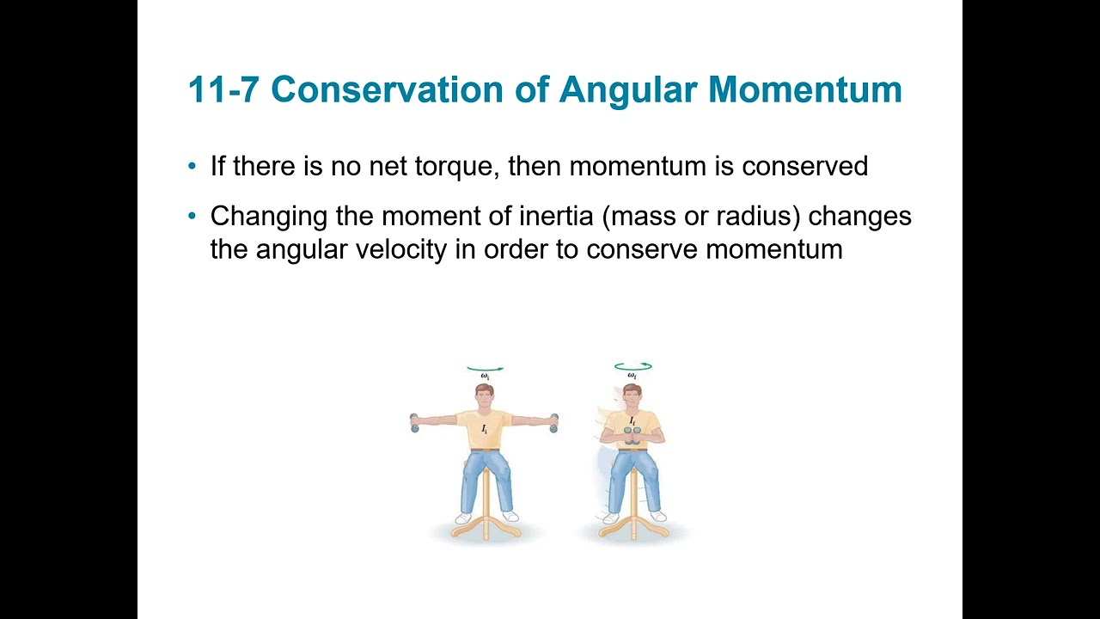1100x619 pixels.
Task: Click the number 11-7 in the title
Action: pos(223,90)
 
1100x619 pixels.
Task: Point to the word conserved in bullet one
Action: pos(804,166)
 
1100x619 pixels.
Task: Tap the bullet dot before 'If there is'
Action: pos(192,166)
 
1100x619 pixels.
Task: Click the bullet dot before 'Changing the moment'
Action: pos(192,216)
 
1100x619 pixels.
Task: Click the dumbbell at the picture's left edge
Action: pos(414,422)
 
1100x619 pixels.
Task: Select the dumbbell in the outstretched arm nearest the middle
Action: pos(553,422)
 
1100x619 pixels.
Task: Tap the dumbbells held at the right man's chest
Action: pos(632,438)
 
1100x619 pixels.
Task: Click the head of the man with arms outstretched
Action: pos(485,397)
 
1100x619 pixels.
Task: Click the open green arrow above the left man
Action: pos(485,369)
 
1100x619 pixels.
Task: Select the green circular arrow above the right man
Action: pos(632,367)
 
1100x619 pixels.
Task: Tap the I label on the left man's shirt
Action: pos(485,427)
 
